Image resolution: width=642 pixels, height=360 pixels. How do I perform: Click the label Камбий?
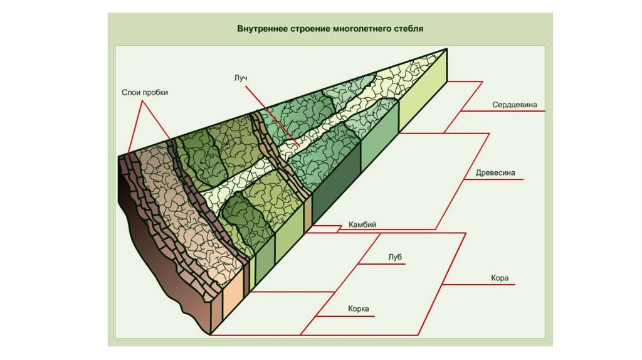pos(359,225)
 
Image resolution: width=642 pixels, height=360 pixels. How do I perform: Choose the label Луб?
pos(396,258)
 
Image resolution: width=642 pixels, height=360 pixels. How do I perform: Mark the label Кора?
pos(500,278)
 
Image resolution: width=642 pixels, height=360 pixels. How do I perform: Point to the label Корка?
pos(359,309)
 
